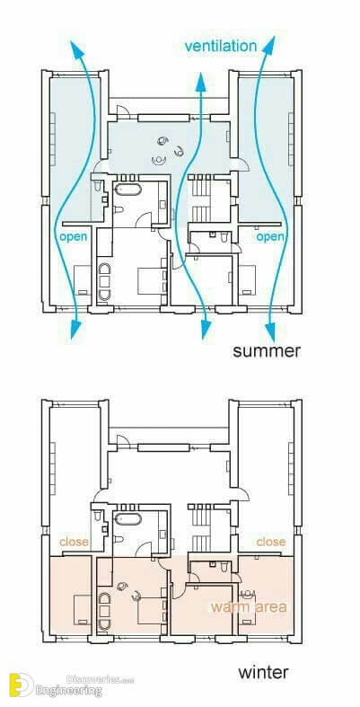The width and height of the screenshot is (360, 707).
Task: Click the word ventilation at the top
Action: [x=220, y=45]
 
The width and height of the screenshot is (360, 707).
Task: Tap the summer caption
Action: [x=267, y=350]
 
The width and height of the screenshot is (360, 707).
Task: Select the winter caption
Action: [x=263, y=672]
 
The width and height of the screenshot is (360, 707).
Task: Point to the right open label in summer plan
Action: [x=270, y=237]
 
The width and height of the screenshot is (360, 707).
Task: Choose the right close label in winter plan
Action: [x=270, y=542]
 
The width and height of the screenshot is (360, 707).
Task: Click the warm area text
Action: [x=249, y=607]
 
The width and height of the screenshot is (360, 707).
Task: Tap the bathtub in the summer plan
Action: [x=126, y=192]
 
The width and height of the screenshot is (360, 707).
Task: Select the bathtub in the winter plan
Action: [x=126, y=520]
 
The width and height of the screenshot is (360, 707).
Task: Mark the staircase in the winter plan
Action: [x=200, y=525]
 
